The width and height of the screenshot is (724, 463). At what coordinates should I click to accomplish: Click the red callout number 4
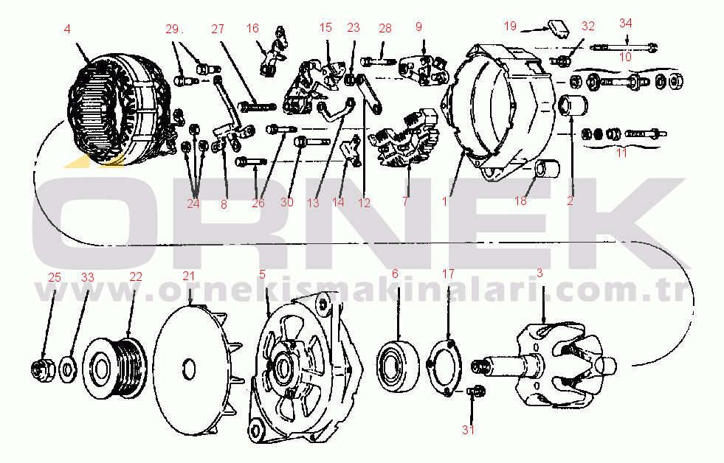click(67, 29)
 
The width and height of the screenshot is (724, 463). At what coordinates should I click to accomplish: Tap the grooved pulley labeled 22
click(115, 368)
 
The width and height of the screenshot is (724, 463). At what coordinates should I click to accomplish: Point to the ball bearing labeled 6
click(398, 366)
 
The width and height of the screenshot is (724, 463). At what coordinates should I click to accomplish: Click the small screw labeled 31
click(475, 391)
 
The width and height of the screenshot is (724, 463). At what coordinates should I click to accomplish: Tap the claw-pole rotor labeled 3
click(545, 364)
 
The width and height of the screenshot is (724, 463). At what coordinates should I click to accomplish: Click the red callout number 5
click(262, 275)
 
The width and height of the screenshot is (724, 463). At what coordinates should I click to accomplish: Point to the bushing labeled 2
click(573, 105)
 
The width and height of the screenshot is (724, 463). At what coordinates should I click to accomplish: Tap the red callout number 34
click(626, 23)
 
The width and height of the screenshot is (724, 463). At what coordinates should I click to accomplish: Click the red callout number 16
click(252, 29)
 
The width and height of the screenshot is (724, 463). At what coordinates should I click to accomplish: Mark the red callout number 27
click(218, 29)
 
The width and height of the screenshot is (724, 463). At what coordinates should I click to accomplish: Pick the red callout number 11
click(622, 153)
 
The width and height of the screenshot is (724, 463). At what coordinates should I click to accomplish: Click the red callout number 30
click(287, 202)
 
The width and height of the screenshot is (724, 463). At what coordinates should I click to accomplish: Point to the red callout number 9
click(418, 27)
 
